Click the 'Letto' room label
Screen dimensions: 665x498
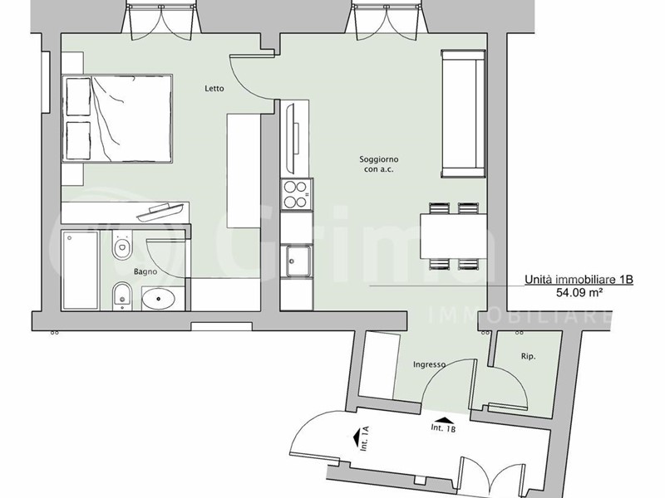214,89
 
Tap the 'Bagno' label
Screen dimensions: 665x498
145,272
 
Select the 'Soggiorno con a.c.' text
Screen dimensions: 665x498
379,164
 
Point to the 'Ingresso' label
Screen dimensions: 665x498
429,364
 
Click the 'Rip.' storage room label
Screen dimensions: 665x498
528,357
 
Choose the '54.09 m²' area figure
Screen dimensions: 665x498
579,292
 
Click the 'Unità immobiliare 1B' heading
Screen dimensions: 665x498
579,280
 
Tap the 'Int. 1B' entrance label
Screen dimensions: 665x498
443,428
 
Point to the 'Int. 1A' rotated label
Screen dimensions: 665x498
365,439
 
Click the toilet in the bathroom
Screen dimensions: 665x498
122,244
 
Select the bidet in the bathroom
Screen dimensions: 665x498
122,296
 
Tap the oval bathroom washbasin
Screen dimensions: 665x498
158,299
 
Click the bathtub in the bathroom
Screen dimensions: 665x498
81,271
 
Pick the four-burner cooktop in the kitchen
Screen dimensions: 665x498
297,194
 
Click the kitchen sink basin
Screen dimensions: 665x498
298,261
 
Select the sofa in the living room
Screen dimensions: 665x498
463,113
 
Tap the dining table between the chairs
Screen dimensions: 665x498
453,237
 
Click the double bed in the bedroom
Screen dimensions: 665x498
117,119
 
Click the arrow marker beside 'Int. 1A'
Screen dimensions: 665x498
356,437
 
